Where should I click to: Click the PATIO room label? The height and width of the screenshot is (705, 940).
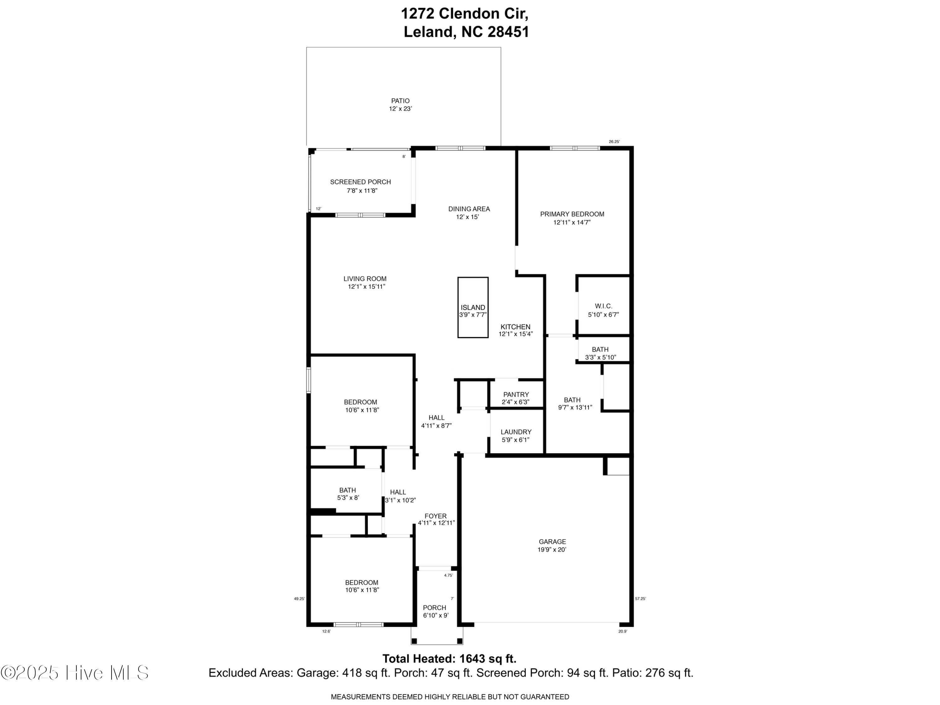tap(400, 101)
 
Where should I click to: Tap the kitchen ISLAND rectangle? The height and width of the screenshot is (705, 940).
tap(473, 308)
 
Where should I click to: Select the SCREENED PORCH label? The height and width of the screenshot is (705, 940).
tap(360, 182)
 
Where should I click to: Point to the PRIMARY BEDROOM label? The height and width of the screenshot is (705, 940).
tap(572, 214)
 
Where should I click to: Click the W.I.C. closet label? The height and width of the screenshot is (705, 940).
tap(603, 306)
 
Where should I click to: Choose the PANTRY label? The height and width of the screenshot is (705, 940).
tap(516, 394)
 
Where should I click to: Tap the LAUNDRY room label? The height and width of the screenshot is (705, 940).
tap(516, 432)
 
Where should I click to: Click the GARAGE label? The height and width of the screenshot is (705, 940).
tap(552, 541)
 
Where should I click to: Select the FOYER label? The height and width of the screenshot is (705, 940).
tap(436, 516)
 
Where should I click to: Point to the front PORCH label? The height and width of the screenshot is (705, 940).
tap(435, 608)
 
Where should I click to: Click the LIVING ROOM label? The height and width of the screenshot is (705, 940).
tap(365, 279)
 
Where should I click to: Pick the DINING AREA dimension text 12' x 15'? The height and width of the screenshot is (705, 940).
tap(467, 217)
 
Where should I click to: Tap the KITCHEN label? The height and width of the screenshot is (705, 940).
tap(515, 327)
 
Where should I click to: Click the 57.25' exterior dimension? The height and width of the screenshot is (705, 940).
tap(640, 599)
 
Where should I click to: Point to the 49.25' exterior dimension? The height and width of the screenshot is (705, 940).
tap(300, 599)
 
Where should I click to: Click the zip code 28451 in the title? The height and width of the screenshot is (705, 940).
tap(508, 32)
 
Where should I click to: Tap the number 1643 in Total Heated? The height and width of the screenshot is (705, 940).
tap(472, 659)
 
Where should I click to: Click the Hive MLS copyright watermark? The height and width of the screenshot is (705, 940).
tap(75, 673)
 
